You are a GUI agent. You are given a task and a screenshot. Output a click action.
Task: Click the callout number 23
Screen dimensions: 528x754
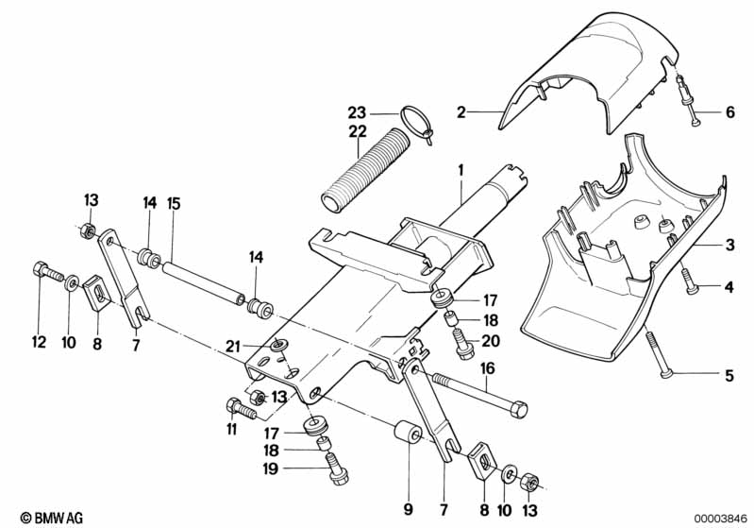pos(358,110)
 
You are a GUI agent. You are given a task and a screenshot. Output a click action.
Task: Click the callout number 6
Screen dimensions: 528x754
pos(729,112)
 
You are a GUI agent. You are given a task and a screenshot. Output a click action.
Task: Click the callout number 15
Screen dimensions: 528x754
pos(173,201)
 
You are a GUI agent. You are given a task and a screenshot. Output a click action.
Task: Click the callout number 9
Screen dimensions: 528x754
pos(409,510)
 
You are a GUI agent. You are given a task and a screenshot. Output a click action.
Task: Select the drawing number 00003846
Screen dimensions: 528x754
pos(721,517)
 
